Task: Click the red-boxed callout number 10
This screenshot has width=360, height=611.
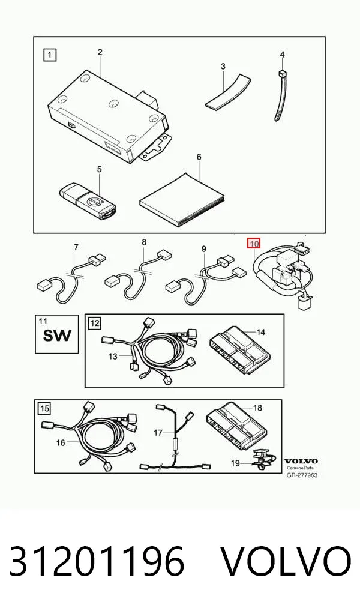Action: [x=254, y=244]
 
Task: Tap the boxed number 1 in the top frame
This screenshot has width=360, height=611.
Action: [x=49, y=55]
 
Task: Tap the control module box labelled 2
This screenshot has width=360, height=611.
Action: [x=109, y=116]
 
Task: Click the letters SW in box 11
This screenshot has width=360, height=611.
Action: [x=57, y=335]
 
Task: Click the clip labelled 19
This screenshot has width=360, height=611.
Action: [x=263, y=459]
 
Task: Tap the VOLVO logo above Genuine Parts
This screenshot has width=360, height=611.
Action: [x=301, y=462]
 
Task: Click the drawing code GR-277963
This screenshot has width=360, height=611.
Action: [x=302, y=475]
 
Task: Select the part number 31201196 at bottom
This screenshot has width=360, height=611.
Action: [x=96, y=561]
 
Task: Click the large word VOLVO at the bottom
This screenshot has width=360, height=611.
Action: [x=286, y=561]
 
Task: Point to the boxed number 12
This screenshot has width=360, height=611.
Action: [x=95, y=323]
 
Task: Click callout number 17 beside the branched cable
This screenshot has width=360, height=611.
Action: [x=158, y=433]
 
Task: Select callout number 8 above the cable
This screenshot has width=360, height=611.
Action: [x=144, y=242]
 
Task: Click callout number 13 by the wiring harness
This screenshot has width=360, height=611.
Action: [x=113, y=356]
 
